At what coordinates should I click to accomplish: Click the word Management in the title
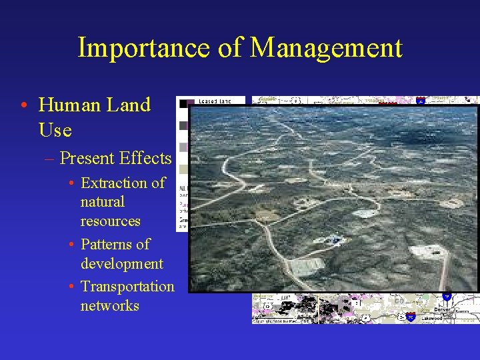point(326,48)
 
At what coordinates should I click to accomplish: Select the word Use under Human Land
point(55,130)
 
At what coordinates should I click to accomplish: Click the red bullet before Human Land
point(23,106)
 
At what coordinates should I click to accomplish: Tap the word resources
point(110,221)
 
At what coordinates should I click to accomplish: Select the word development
point(121,263)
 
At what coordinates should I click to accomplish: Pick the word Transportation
point(127,287)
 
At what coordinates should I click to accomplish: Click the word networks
point(109,306)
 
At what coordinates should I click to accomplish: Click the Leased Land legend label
point(215,101)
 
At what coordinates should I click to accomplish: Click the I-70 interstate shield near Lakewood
point(411,316)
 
